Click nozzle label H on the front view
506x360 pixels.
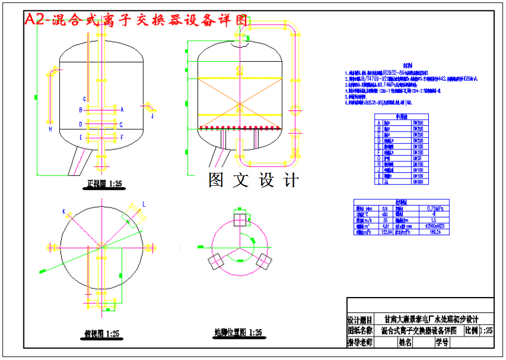[51, 129]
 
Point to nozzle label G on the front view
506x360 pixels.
[84, 99]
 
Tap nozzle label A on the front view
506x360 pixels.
[122, 109]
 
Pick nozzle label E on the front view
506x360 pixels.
[81, 136]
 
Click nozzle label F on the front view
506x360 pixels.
[122, 136]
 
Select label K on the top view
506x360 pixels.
[64, 212]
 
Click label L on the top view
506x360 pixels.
[144, 204]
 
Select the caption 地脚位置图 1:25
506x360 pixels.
[238, 333]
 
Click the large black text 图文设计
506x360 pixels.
[253, 180]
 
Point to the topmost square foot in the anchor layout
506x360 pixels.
[239, 219]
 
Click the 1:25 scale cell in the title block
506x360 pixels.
[486, 330]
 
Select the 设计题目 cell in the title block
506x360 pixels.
[360, 320]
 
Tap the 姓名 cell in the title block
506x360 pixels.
[405, 341]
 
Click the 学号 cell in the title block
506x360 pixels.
[441, 341]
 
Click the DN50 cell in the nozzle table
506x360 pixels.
[418, 158]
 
